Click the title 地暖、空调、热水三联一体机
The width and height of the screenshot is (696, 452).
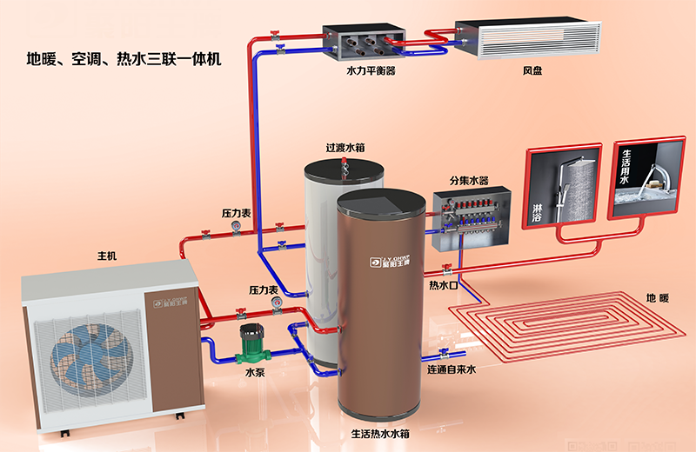pyautogui.click(x=124, y=60)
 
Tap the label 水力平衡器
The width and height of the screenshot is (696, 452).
pyautogui.click(x=371, y=70)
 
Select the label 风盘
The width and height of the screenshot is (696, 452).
pyautogui.click(x=532, y=70)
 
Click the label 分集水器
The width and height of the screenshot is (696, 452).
pyautogui.click(x=468, y=181)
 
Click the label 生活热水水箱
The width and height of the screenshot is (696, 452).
pyautogui.click(x=381, y=433)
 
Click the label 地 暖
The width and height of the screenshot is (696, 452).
pyautogui.click(x=658, y=298)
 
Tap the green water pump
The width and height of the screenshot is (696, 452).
pyautogui.click(x=252, y=344)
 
